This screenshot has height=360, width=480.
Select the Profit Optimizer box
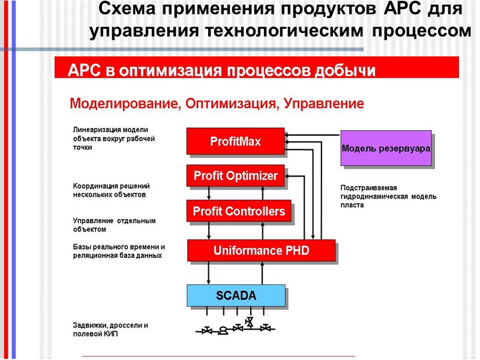pos(235,176)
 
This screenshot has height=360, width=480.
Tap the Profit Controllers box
pos(239,211)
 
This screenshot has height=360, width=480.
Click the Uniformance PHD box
pos(261,250)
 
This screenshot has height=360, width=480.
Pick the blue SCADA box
pos(236,295)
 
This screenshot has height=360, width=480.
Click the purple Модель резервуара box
pos(386,148)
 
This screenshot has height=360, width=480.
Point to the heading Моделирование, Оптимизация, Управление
pos(217,104)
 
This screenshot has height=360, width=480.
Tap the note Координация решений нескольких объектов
pos(111,190)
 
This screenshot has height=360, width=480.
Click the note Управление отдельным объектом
pos(114,225)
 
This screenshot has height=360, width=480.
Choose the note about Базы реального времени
pos(119,251)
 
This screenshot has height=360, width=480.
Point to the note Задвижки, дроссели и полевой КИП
pos(110,329)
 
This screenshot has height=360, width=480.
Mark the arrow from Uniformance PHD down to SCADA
pos(209,272)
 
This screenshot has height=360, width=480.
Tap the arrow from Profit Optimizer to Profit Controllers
pos(209,193)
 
